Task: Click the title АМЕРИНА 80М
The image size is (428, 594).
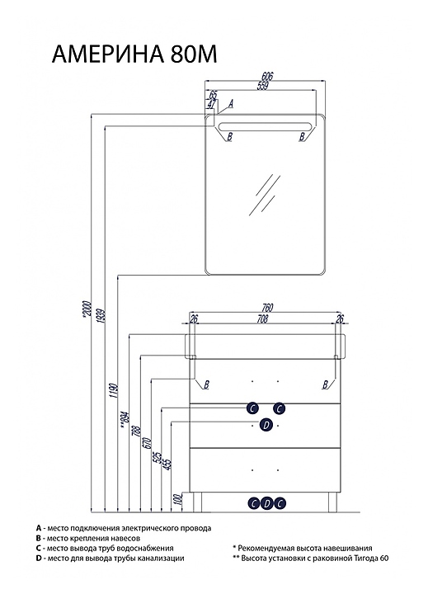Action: (134, 54)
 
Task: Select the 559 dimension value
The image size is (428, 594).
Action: (262, 86)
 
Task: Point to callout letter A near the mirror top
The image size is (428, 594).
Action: (231, 102)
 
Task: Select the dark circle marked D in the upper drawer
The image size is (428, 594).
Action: (266, 425)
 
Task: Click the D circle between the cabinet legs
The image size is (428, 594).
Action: (266, 503)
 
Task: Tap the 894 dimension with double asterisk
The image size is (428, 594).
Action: (125, 420)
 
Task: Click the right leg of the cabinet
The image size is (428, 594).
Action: (332, 502)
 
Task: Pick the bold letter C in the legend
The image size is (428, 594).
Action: (39, 548)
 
